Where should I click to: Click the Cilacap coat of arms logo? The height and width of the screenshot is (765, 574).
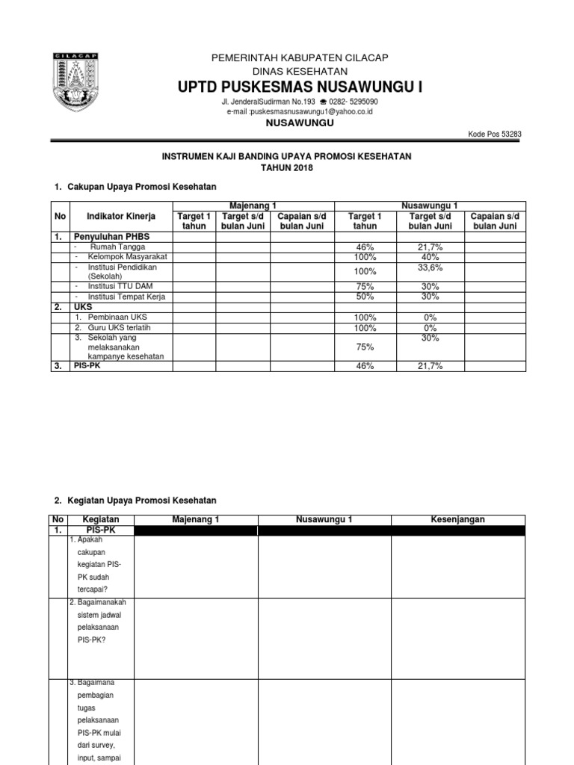pos(78,84)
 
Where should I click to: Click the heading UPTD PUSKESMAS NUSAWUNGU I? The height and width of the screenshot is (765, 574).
pos(300,88)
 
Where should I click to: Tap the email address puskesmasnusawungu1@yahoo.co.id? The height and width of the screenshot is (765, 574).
pos(300,111)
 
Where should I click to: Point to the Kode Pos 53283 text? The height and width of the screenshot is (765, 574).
pos(495,134)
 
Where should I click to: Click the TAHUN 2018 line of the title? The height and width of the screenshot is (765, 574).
pos(287,168)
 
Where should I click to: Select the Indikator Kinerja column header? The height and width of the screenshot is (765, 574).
pos(121,216)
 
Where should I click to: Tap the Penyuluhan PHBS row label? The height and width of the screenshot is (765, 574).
pos(111,236)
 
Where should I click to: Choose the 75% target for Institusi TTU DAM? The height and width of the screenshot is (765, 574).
pos(365,286)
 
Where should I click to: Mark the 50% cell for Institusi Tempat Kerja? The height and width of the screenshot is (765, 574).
pos(365,297)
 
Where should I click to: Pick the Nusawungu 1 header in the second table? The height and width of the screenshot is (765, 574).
pos(325,520)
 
